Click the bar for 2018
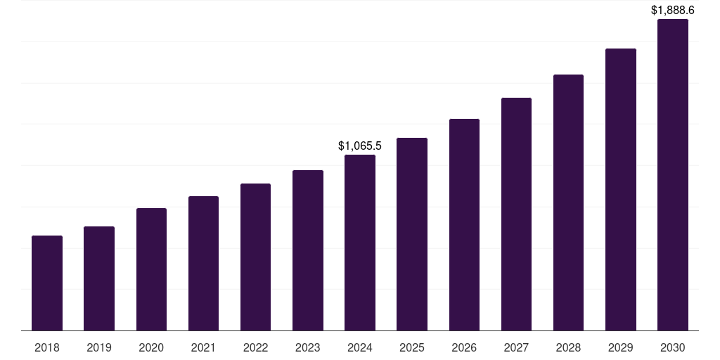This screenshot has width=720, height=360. pos(47,283)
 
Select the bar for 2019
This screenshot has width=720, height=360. pos(99,278)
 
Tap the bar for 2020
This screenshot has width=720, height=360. pos(151,269)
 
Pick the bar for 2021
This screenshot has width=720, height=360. pos(203,263)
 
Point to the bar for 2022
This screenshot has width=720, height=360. pos(255,257)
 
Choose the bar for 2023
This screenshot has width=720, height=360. pos(308,250)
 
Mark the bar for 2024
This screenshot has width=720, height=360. pos(360,243)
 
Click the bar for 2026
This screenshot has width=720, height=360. pos(464,224)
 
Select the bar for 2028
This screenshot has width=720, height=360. pos(568,202)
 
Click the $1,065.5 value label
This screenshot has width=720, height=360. pos(360,146)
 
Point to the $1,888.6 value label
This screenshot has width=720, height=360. pos(673,11)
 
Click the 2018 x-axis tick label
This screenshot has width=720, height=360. pos(47,347)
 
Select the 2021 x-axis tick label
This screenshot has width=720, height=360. pos(203,347)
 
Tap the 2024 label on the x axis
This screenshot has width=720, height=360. pos(360,347)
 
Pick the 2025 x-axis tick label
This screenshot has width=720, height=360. pos(412,347)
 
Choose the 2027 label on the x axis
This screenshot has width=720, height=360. pos(516,347)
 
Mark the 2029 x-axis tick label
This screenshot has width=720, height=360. pos(621,347)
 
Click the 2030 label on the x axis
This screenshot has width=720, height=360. pos(673,347)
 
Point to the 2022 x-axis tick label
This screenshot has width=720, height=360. pos(255,347)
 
